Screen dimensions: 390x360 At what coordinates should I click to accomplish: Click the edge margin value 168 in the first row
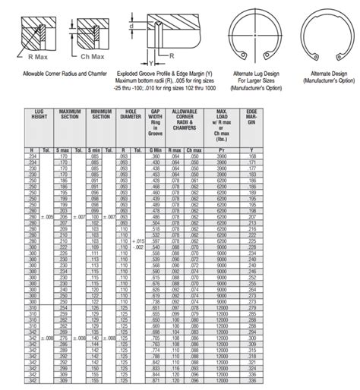tap(251, 156)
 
